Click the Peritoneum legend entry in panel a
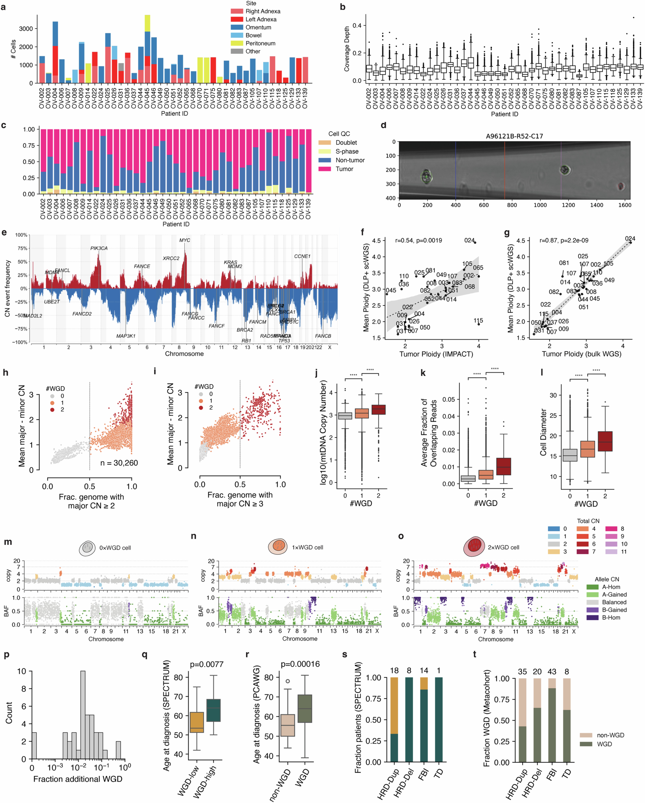coord(260,43)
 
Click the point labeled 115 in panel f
coord(478,324)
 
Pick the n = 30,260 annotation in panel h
coord(119,463)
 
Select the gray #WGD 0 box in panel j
coord(345,416)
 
